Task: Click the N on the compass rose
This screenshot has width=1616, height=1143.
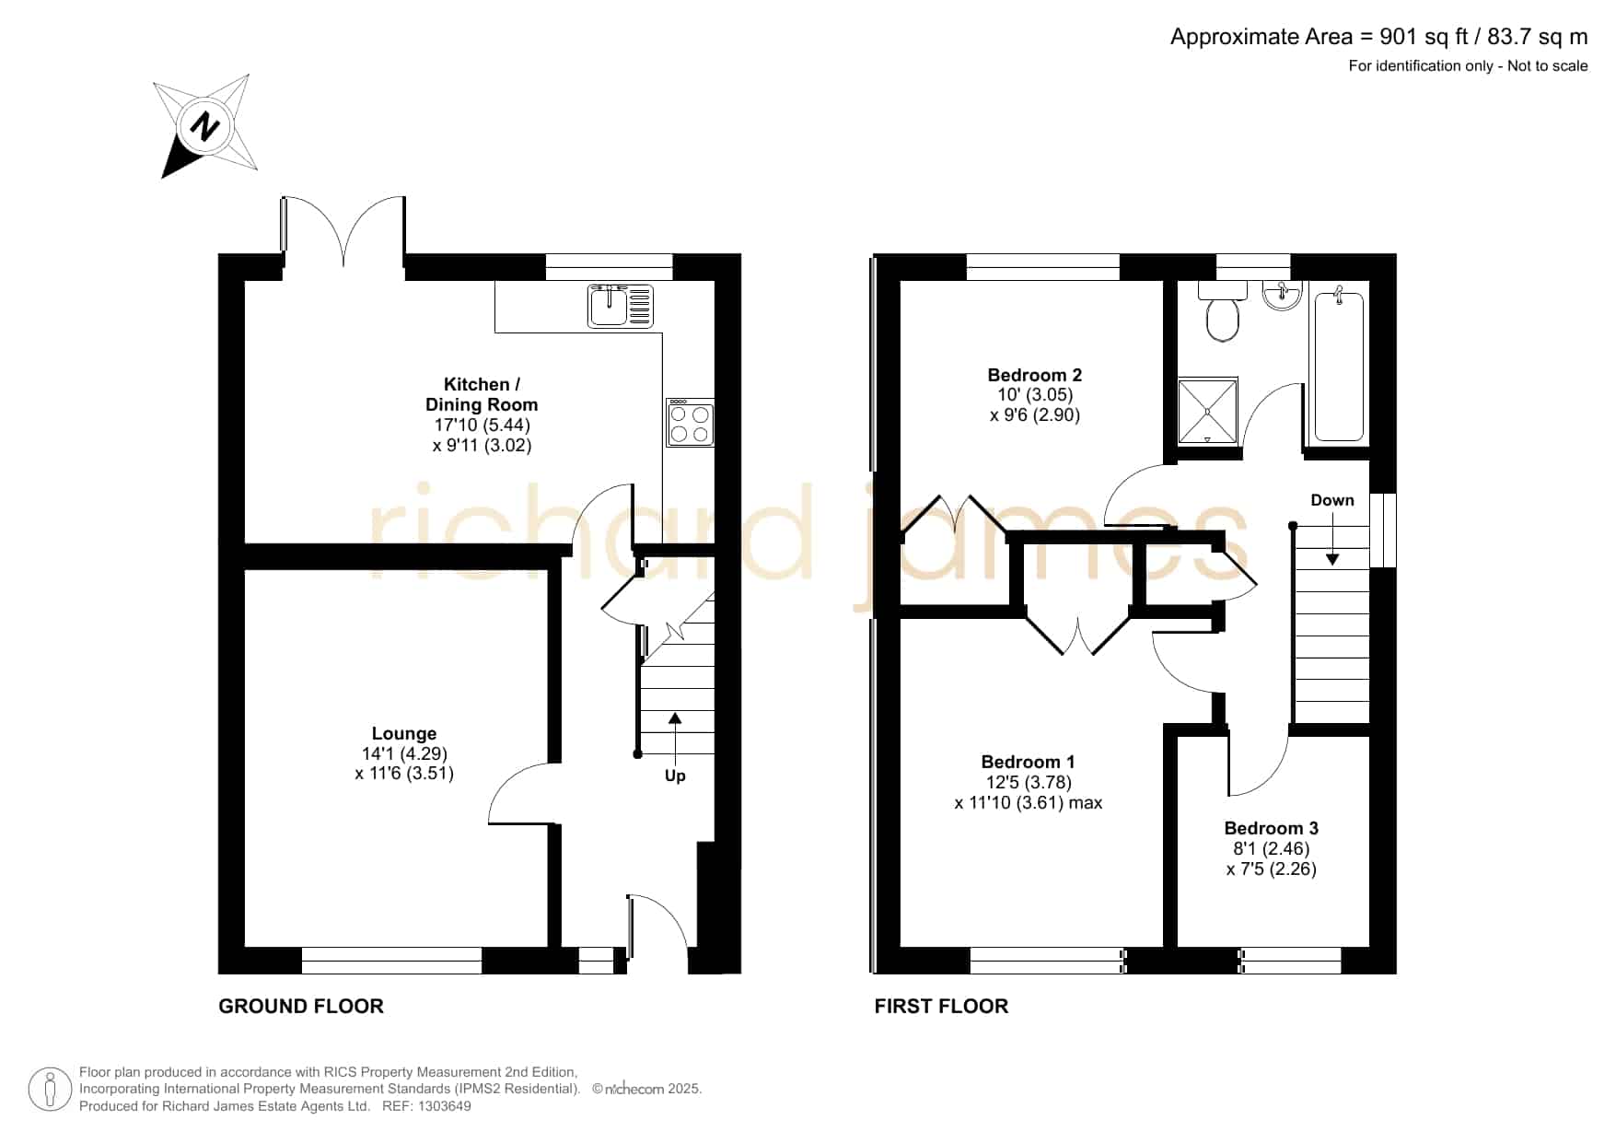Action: (x=205, y=125)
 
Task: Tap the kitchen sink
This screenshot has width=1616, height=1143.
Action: (x=621, y=306)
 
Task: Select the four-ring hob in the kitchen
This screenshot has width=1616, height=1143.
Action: (x=691, y=423)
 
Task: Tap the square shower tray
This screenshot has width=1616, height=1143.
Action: (x=1208, y=409)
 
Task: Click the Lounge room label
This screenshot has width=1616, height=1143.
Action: (x=404, y=733)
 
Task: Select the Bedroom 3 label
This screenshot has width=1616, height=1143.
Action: (x=1272, y=828)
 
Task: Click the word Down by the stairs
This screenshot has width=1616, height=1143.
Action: (x=1332, y=500)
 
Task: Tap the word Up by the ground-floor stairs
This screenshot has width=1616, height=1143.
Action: (x=675, y=776)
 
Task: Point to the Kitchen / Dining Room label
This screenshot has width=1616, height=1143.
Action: (x=482, y=394)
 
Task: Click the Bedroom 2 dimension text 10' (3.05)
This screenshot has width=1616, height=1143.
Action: (x=1035, y=394)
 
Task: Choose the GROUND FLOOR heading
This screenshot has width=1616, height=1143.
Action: (x=301, y=1006)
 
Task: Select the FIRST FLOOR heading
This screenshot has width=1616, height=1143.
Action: (x=941, y=1006)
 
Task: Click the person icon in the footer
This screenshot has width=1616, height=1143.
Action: (x=50, y=1091)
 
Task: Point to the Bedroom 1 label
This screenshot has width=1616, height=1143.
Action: (x=1028, y=762)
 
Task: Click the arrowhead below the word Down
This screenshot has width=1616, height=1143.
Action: (x=1332, y=558)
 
